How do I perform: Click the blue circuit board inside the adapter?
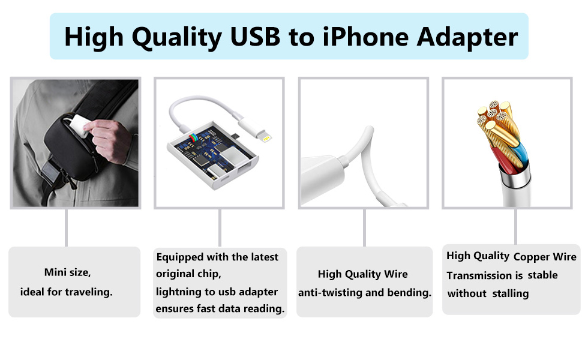pos(207,153)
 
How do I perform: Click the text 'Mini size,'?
pos(67,272)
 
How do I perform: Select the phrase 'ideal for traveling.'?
pos(67,292)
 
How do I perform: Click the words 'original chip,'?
pos(189,274)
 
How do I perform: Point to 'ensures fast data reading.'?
pos(220,309)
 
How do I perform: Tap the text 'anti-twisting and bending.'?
pos(365,293)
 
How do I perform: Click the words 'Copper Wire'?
pos(545,257)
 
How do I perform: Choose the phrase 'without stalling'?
pos(488,293)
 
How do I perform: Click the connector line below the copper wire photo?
pos(515,226)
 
